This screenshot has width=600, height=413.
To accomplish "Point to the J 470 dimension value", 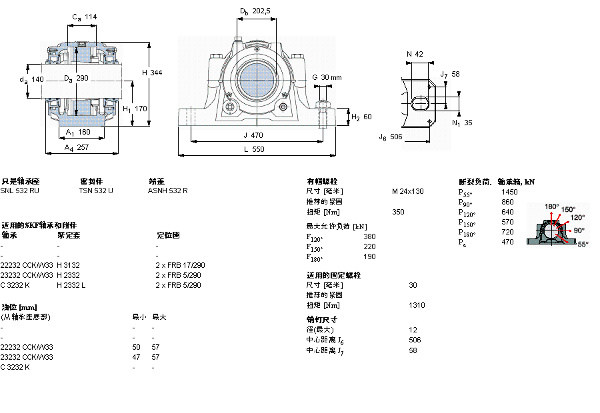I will [253, 135].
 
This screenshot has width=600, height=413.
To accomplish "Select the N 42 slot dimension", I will [415, 54].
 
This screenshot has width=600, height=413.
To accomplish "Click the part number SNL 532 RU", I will [19, 191].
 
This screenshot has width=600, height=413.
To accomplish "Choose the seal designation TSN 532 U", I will [96, 191].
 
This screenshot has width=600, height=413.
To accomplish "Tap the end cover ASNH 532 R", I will [167, 191].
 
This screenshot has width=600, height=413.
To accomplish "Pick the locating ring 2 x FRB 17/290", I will [180, 264].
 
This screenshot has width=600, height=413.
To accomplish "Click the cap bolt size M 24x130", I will [407, 191].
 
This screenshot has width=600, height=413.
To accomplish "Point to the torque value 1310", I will [417, 305].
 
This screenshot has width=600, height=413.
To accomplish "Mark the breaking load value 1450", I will [508, 191].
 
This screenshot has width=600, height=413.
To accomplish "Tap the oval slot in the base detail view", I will [422, 103].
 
